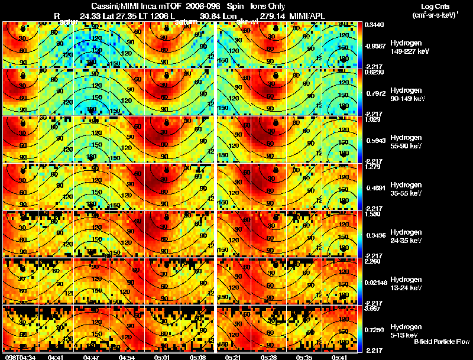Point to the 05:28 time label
click(x=268, y=356)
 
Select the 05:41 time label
click(x=339, y=356)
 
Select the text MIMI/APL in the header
click(x=306, y=16)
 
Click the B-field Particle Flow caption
click(x=442, y=342)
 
